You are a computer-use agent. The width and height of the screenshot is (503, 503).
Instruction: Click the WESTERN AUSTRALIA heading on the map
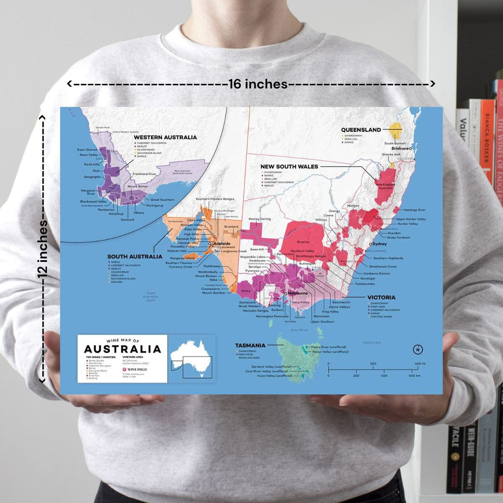(165, 137)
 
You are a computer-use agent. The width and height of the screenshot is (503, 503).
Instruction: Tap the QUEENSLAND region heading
(361, 130)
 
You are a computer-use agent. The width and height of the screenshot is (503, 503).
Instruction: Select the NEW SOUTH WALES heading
(289, 166)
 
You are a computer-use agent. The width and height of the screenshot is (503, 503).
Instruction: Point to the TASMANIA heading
(250, 346)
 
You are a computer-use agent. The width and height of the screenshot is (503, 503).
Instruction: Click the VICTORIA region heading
(381, 297)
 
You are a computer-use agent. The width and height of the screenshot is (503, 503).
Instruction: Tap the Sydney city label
(380, 244)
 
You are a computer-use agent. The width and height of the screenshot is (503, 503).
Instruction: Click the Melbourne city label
(298, 293)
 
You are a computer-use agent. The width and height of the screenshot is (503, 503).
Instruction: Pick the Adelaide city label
(222, 243)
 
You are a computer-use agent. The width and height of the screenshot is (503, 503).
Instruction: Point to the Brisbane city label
(400, 148)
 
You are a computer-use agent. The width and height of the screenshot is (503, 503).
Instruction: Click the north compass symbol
(418, 349)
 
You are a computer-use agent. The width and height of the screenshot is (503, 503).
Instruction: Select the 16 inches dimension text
(258, 84)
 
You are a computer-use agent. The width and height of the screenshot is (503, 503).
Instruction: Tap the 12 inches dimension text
(43, 249)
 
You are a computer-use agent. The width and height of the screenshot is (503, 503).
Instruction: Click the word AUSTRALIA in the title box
(122, 349)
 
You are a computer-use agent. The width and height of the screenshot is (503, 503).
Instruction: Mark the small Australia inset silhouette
(191, 359)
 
